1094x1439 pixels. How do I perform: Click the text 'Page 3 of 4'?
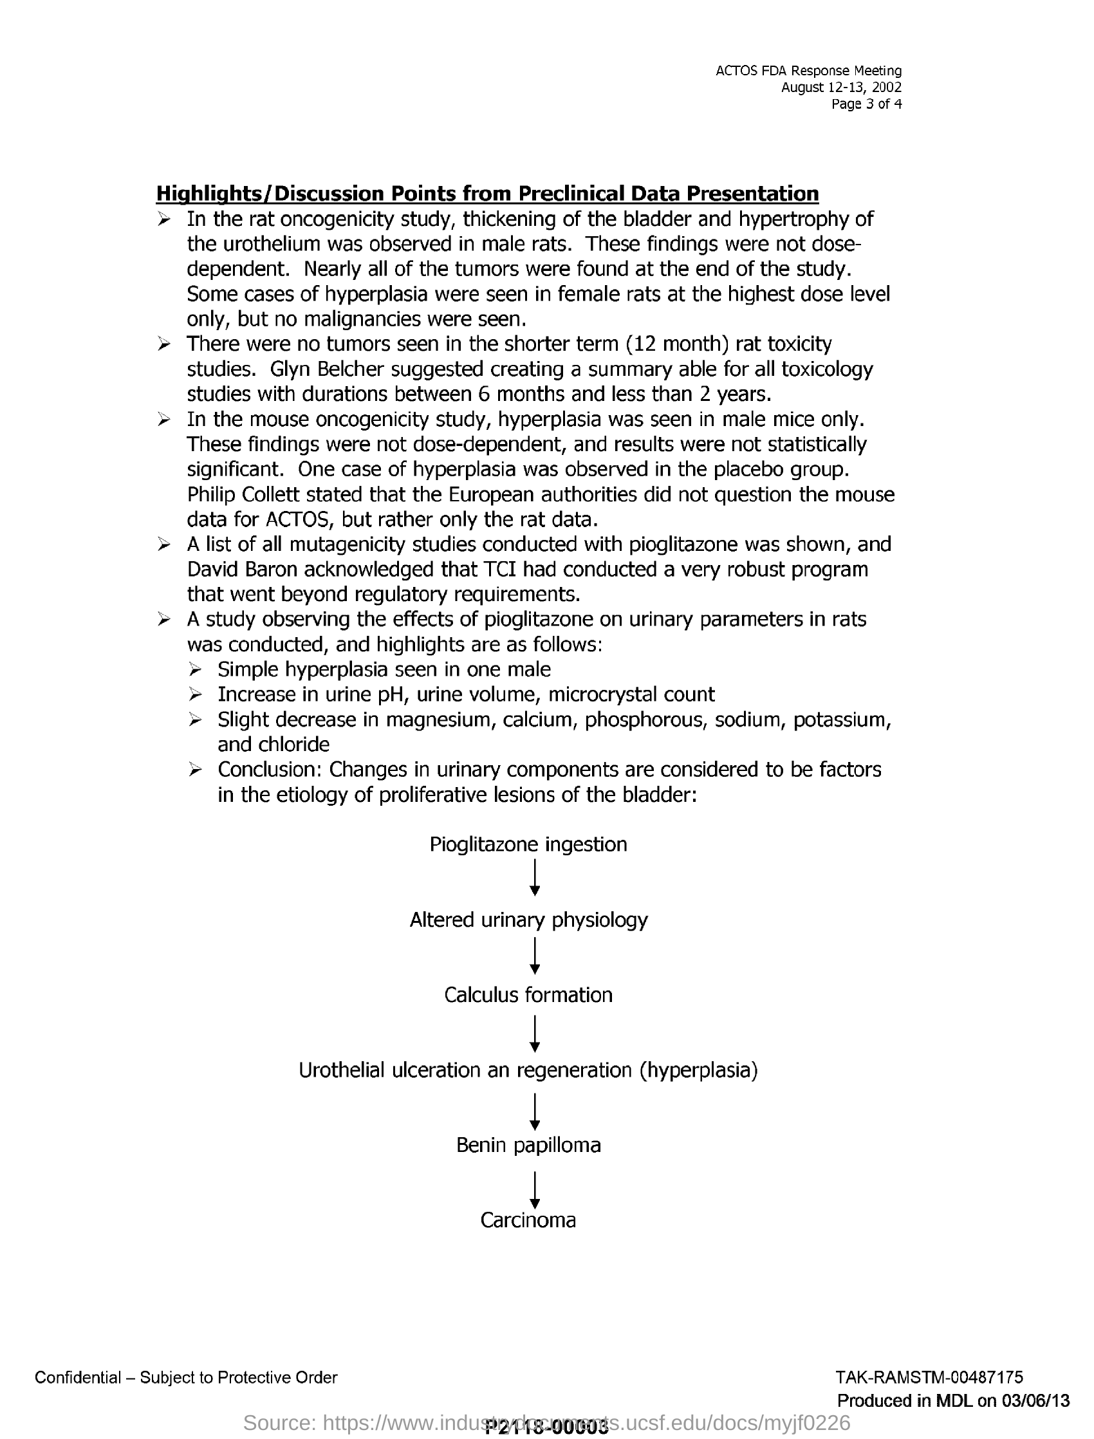[x=866, y=104]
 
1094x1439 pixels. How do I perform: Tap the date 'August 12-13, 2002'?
[x=840, y=88]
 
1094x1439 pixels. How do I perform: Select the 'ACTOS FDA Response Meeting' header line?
[x=808, y=70]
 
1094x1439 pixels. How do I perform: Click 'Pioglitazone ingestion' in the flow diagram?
[x=528, y=844]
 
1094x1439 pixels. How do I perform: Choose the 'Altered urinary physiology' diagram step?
[x=528, y=920]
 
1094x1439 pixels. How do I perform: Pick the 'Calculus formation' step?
[x=528, y=994]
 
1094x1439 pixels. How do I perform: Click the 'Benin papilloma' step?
[x=528, y=1145]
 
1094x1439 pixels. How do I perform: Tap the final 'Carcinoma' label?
[x=528, y=1220]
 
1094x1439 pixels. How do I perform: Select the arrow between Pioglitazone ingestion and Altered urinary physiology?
[x=534, y=878]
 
